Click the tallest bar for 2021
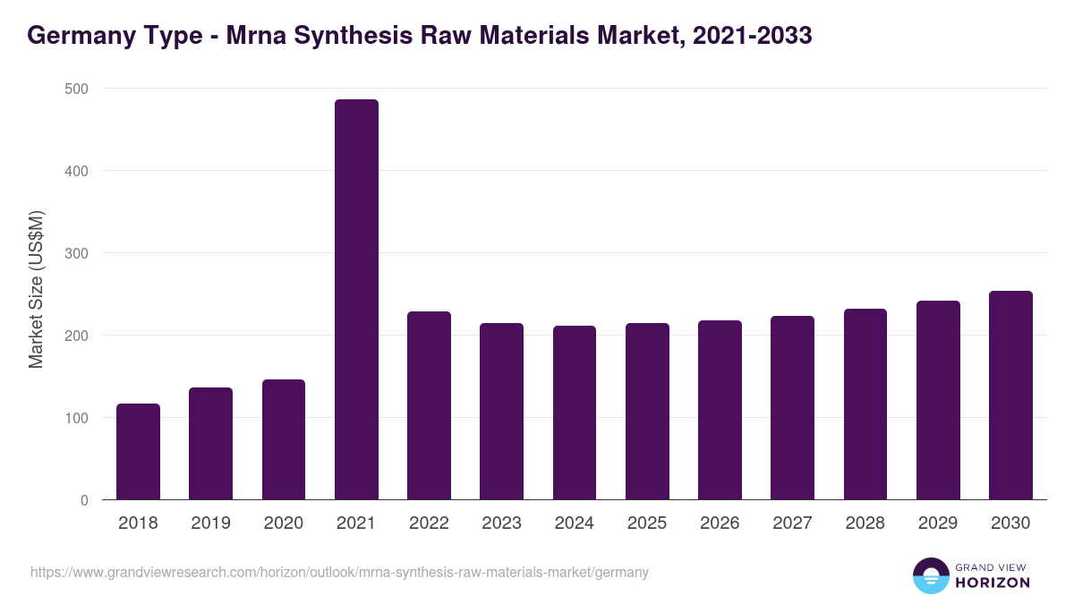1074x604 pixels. (x=356, y=299)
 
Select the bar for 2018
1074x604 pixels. (x=138, y=451)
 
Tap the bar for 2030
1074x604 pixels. (x=1010, y=395)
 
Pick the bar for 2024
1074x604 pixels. (x=575, y=413)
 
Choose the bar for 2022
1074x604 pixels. (x=429, y=405)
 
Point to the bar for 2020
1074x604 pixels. (x=284, y=439)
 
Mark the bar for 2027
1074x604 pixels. (x=792, y=407)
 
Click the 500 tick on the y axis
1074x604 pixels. (x=76, y=89)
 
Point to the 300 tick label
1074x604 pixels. (x=76, y=253)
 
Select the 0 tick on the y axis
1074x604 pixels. (x=84, y=500)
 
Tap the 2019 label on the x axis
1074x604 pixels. (x=210, y=523)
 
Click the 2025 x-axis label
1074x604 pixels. (x=647, y=523)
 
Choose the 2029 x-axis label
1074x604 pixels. (x=938, y=523)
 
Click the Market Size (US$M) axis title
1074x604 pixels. (x=36, y=290)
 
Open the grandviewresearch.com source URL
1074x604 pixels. (x=339, y=572)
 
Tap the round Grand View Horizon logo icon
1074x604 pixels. (x=930, y=575)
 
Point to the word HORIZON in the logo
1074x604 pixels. (x=993, y=583)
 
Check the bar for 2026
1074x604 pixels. (x=720, y=410)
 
